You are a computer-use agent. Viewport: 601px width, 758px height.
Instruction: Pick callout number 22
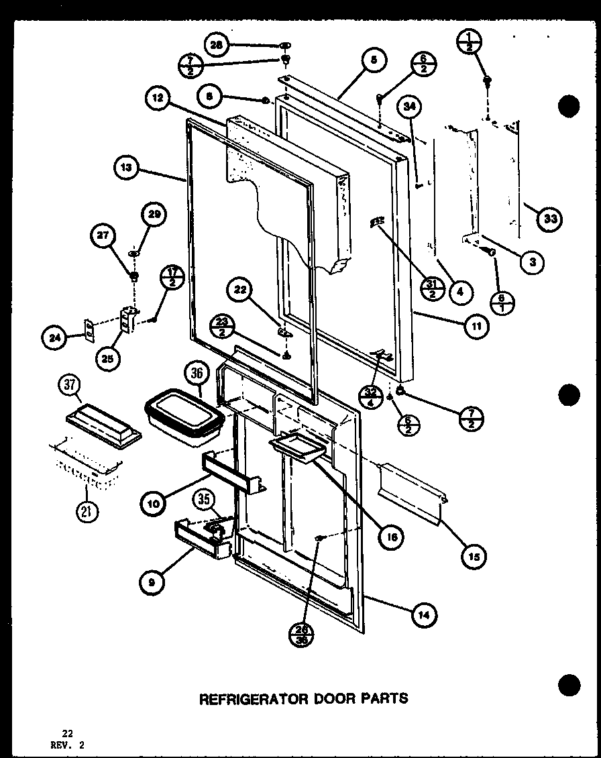coord(240,291)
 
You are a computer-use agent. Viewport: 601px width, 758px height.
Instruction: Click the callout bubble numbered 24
coord(57,338)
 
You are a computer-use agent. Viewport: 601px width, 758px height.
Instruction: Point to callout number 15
coord(474,555)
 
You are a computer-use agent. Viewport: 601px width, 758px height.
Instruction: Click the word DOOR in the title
coord(322,698)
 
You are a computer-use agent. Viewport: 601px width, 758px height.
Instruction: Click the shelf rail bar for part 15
coord(409,490)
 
